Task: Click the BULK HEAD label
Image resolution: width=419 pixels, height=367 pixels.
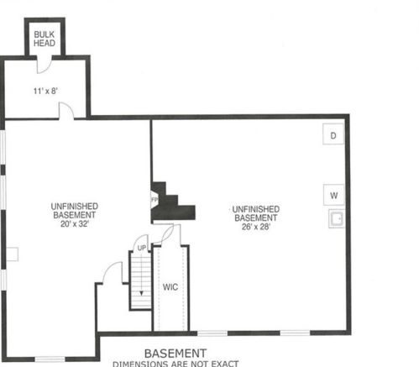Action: click(45, 39)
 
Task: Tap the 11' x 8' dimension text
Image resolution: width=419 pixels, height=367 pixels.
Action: click(45, 91)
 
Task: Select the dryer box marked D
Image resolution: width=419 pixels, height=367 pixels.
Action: click(333, 134)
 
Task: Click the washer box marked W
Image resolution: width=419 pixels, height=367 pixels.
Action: click(333, 195)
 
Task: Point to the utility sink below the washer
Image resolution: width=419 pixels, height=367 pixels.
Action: click(336, 218)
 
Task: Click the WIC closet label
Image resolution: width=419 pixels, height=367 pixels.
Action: click(170, 287)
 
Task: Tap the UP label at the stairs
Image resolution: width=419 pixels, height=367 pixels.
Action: click(142, 248)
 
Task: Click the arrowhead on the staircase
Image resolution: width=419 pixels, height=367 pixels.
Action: click(141, 293)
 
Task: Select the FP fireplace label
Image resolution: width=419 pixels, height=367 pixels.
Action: click(155, 200)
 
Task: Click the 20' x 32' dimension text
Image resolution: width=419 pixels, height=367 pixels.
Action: click(75, 224)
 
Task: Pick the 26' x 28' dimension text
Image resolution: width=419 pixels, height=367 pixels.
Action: click(256, 227)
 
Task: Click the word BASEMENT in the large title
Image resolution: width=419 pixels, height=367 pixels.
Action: click(175, 354)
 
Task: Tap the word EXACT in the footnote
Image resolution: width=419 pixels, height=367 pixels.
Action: click(225, 364)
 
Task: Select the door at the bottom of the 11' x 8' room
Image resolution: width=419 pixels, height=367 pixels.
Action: click(66, 111)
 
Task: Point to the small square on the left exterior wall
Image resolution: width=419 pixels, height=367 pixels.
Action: click(13, 254)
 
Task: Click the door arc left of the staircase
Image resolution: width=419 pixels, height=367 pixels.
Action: click(112, 271)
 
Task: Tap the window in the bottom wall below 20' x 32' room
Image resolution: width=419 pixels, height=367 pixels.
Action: click(50, 359)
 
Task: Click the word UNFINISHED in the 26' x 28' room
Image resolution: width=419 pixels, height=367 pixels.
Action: click(256, 209)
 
